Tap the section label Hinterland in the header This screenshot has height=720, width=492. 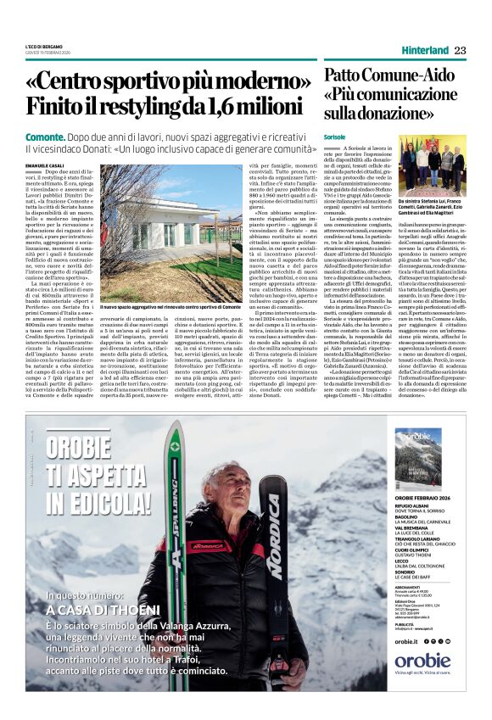coord(425,50)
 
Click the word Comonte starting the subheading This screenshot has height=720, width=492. coord(45,136)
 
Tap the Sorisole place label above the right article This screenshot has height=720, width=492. coord(334,137)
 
